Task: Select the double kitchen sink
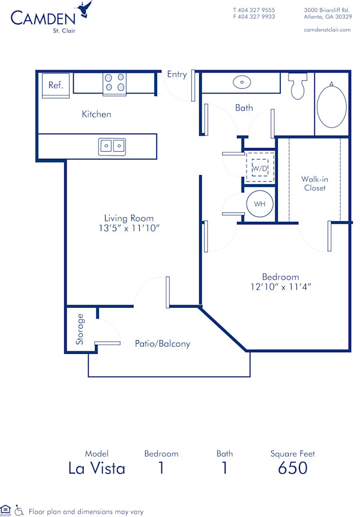[x=112, y=145]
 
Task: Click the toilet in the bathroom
[x=297, y=87]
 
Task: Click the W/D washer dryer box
[x=259, y=169]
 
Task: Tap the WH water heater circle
[x=259, y=204]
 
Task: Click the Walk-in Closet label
[x=314, y=184]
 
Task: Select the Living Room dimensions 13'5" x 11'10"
[x=128, y=228]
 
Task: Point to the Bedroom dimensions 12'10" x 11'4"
[x=280, y=287]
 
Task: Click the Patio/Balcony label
[x=162, y=344]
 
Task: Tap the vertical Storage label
[x=80, y=329]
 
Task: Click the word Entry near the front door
[x=176, y=74]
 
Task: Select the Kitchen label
[x=97, y=114]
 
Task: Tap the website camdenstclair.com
[x=327, y=29]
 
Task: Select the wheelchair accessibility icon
[x=19, y=510]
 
